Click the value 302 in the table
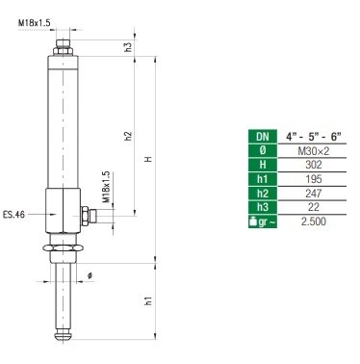coord(313,165)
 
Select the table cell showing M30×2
coord(313,151)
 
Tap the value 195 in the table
coord(313,179)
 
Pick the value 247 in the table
coord(313,194)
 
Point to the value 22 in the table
coord(313,207)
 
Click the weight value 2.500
coord(313,221)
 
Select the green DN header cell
coord(263,137)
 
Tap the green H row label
coord(263,165)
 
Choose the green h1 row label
coord(263,179)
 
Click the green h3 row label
coord(263,207)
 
